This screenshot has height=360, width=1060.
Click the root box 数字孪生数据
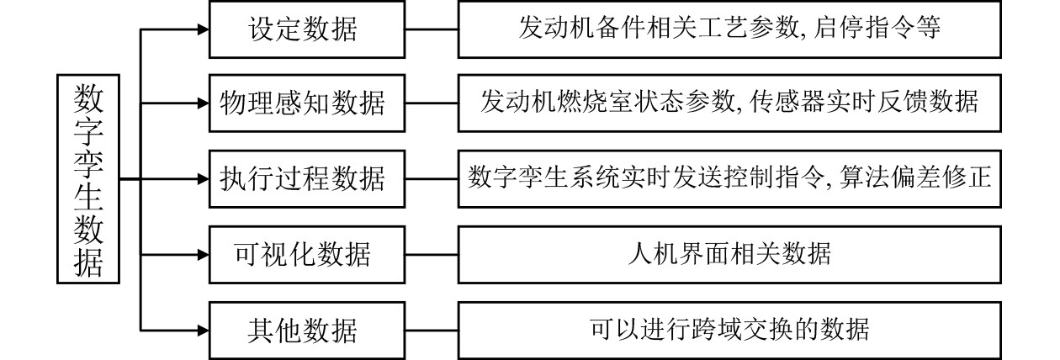click(88, 179)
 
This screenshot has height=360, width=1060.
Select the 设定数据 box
click(302, 29)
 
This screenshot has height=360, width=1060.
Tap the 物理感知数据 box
click(302, 103)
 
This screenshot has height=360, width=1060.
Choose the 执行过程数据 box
click(302, 178)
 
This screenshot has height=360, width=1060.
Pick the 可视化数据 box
click(302, 253)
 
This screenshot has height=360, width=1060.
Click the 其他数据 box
click(302, 329)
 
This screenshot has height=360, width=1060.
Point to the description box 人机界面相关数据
click(729, 253)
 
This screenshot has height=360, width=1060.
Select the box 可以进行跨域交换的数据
click(729, 329)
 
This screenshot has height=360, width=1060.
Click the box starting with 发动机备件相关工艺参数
click(729, 29)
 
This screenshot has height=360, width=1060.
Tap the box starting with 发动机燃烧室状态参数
click(729, 103)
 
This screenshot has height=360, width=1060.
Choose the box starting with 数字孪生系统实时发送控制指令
click(729, 178)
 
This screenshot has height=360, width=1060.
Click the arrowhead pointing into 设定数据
click(202, 29)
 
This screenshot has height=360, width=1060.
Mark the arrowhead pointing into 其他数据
click(202, 329)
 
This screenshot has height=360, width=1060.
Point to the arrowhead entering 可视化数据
click(202, 253)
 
